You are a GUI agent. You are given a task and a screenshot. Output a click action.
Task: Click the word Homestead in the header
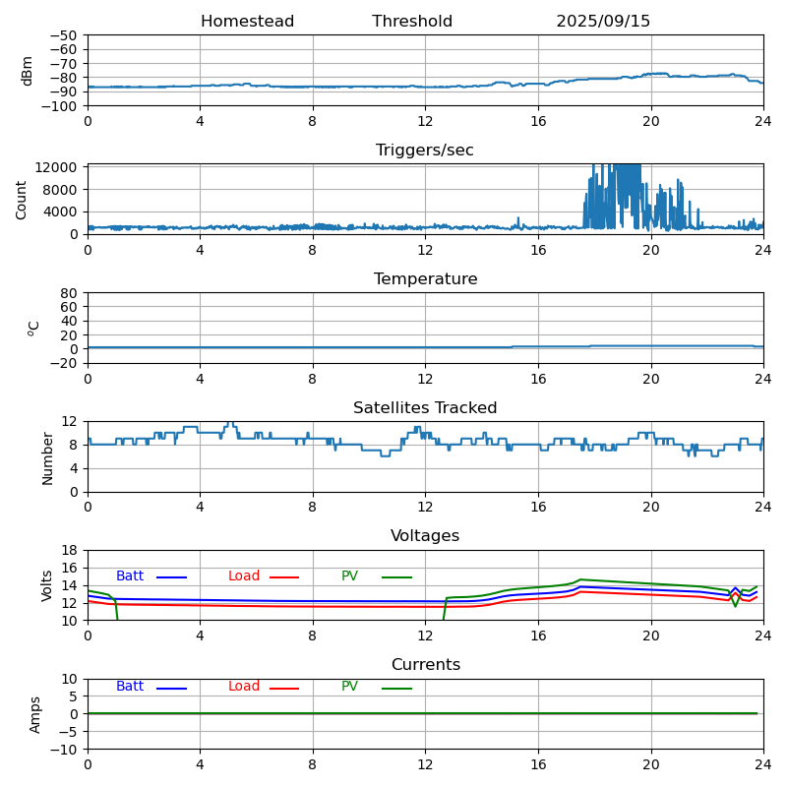pos(247,22)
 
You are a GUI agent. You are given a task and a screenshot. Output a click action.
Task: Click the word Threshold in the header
pos(412,22)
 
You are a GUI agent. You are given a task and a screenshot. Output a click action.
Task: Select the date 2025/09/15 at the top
pos(603,22)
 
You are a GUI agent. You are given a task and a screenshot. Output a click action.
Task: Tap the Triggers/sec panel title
pos(425,151)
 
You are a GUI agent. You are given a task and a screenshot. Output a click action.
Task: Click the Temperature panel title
pos(425,279)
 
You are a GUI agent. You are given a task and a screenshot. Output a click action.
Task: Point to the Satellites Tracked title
pos(425,408)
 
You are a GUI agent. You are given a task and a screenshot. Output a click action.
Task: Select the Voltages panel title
pos(425,536)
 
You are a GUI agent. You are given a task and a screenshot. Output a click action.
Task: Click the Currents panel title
pos(425,665)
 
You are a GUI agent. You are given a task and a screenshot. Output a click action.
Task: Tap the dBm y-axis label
pos(28,71)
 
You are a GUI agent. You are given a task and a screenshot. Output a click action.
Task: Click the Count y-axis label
pos(22,199)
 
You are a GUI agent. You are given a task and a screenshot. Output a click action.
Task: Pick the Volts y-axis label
pos(47,585)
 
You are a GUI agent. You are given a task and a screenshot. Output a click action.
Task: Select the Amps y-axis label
pos(35,714)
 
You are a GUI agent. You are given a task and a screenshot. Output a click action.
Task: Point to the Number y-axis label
pos(47,457)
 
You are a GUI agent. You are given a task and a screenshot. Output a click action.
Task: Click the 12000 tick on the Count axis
pos(59,167)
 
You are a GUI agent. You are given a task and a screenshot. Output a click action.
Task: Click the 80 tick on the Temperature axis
pos(70,293)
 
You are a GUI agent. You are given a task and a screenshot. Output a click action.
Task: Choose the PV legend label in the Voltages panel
pos(349,576)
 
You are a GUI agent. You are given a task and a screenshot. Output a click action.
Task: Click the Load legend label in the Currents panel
pos(244,687)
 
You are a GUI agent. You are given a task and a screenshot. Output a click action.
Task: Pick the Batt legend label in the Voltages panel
pos(130,576)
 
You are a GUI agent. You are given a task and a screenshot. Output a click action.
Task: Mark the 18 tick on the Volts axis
pos(70,550)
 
